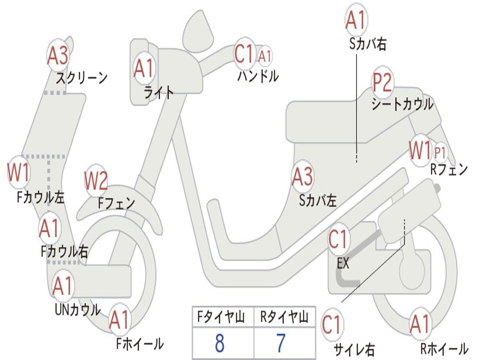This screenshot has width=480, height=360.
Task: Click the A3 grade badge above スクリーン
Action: point(58,56)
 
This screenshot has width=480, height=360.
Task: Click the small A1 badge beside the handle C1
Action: point(265,56)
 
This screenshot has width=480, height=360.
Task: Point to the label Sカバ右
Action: point(368,45)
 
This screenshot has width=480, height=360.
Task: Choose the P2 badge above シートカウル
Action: point(382,83)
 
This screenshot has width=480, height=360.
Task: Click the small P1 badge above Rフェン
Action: point(440,152)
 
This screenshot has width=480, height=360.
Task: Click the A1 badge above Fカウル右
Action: point(49,229)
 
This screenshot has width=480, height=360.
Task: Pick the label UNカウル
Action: point(77,309)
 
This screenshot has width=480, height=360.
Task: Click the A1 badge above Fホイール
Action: point(119,321)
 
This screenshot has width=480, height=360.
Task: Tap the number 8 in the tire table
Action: point(220,344)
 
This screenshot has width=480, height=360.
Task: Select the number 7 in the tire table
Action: point(281,344)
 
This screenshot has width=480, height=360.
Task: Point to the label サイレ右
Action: point(354,349)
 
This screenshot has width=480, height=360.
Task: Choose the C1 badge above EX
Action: point(338,240)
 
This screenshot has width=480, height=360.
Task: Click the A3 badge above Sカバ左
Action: point(302,177)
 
